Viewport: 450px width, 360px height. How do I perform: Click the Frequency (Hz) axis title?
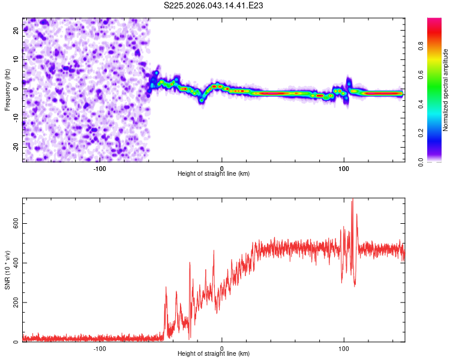[x=7, y=89]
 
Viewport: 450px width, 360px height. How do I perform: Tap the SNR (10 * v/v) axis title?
[x=7, y=269]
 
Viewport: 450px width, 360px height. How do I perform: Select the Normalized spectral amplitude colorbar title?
[x=445, y=90]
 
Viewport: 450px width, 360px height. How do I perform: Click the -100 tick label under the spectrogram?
[x=100, y=168]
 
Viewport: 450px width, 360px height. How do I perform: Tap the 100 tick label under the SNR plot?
[x=344, y=348]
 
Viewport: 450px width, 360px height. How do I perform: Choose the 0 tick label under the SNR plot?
[x=222, y=348]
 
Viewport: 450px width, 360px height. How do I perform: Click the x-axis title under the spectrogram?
[x=214, y=174]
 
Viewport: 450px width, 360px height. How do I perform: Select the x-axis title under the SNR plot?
[x=214, y=354]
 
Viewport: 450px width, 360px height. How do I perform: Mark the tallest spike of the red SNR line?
[x=352, y=199]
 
